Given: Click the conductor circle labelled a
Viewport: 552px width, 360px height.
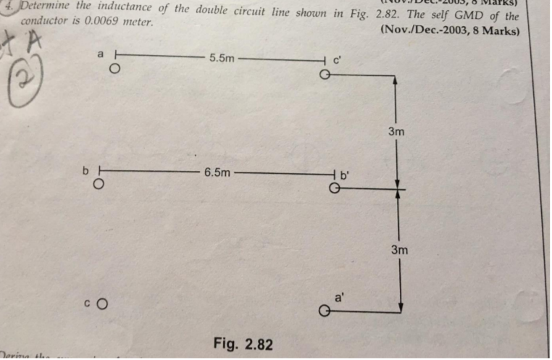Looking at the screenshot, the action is point(114,70).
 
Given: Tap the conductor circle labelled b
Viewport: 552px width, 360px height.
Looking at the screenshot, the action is point(98,184).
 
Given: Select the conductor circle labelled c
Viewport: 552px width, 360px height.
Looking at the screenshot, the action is point(101,304).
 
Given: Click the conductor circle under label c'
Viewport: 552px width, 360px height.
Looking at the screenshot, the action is point(325,75).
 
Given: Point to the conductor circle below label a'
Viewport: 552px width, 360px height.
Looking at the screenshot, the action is point(325,311).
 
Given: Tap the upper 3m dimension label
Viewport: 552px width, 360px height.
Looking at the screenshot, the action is point(396,132).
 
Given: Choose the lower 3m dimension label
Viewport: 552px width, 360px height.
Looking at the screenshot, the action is point(399,250).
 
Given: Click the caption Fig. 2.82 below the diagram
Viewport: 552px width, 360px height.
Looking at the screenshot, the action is point(243,343).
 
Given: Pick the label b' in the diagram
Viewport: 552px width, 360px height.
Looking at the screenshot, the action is point(344,174).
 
